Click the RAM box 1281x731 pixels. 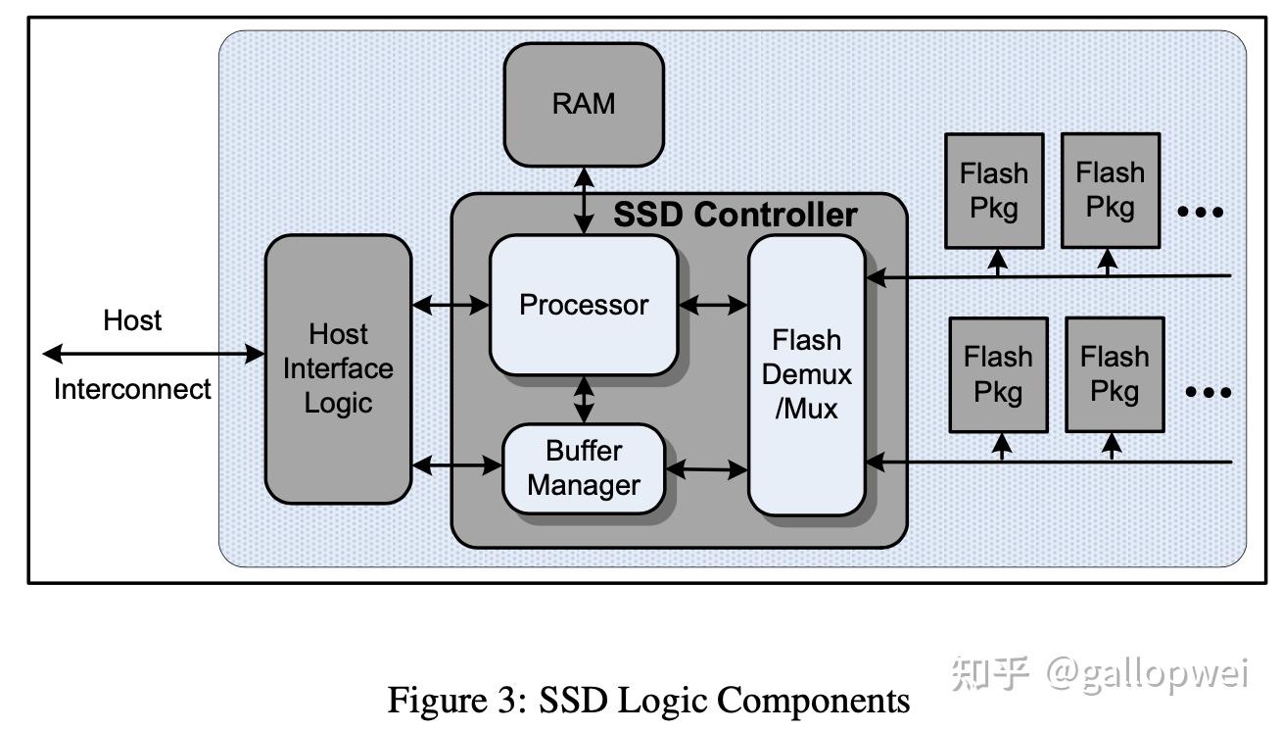[x=584, y=104]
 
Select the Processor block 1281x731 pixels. [x=584, y=305]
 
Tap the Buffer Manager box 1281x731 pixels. [x=584, y=468]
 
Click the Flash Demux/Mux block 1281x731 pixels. [x=806, y=374]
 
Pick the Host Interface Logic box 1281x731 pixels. [x=338, y=368]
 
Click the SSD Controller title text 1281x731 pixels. [x=735, y=215]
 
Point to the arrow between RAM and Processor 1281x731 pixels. [x=585, y=200]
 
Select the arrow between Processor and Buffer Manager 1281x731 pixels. [x=585, y=399]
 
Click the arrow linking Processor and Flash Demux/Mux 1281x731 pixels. [x=713, y=305]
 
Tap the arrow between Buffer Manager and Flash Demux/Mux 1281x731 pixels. [x=706, y=470]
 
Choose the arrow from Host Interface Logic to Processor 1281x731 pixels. [x=451, y=306]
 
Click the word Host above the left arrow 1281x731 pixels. [x=132, y=320]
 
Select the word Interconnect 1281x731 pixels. [x=132, y=389]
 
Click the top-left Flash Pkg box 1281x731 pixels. [x=994, y=190]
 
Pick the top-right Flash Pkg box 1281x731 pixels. [x=1111, y=190]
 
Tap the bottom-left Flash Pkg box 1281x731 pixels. [x=998, y=374]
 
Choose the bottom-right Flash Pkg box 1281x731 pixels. [x=1115, y=374]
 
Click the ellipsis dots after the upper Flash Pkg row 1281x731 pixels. [x=1200, y=212]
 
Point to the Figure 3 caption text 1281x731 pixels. [x=648, y=700]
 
